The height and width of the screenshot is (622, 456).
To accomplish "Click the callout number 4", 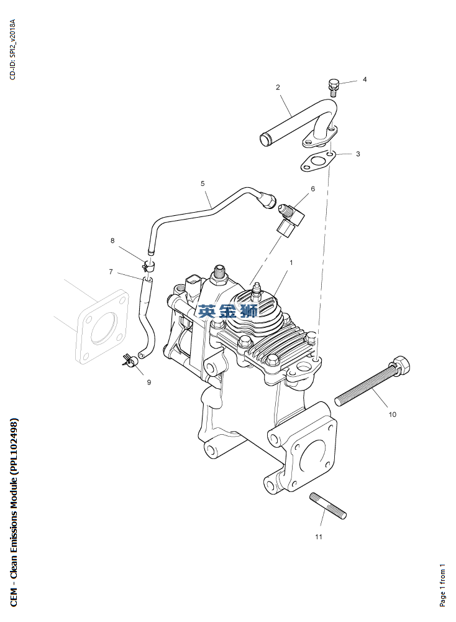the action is tap(365, 80).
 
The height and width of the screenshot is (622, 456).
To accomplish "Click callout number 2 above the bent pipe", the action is tap(278, 87).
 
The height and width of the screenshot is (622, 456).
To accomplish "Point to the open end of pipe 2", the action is tap(265, 139).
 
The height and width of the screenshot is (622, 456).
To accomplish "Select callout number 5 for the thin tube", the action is tap(203, 183).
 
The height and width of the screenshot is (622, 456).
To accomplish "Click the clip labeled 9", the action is tap(130, 360).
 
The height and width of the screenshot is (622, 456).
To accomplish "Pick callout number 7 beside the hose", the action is tap(111, 272).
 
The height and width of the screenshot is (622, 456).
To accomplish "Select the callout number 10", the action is tap(392, 414).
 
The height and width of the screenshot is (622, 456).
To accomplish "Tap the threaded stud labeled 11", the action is tap(328, 506).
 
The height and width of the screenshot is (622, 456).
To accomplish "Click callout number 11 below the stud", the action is tap(319, 537).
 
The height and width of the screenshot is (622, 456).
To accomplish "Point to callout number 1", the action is tap(291, 262).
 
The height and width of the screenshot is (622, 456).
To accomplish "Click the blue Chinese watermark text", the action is tap(229, 310).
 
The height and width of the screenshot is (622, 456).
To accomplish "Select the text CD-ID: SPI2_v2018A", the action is tap(12, 49).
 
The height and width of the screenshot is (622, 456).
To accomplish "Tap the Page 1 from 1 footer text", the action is tap(442, 585).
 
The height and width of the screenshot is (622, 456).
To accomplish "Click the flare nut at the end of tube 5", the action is tap(267, 200).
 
